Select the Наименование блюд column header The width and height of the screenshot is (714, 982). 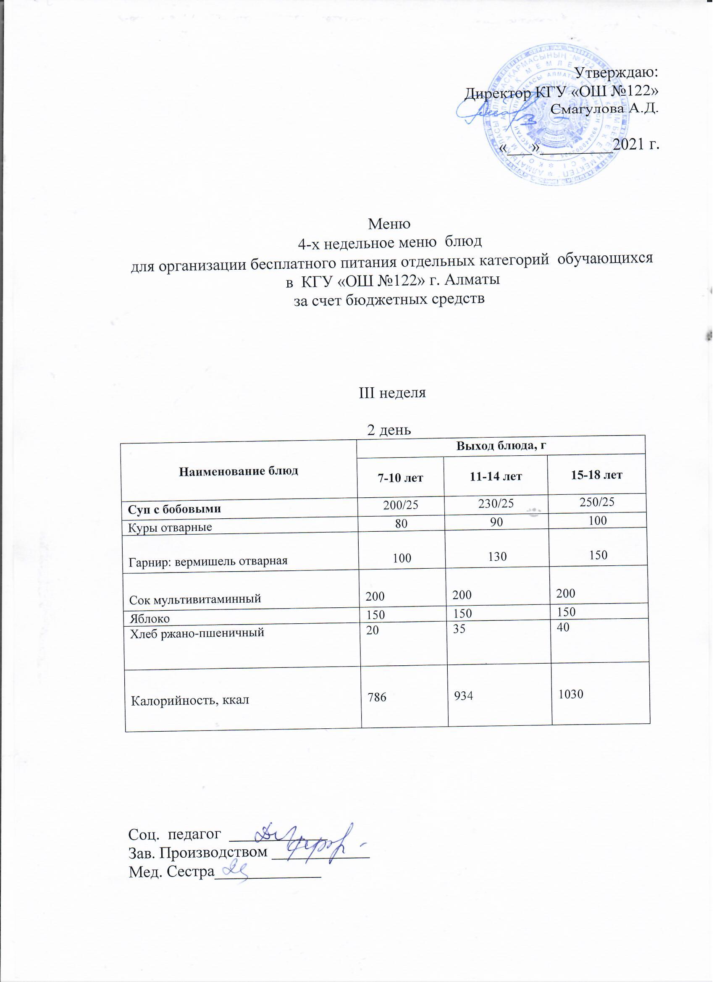[x=239, y=471]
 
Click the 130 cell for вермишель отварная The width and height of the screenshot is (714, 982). [x=497, y=557]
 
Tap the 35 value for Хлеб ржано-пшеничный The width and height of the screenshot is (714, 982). [x=459, y=629]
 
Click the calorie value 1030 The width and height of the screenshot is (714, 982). [x=571, y=695]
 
